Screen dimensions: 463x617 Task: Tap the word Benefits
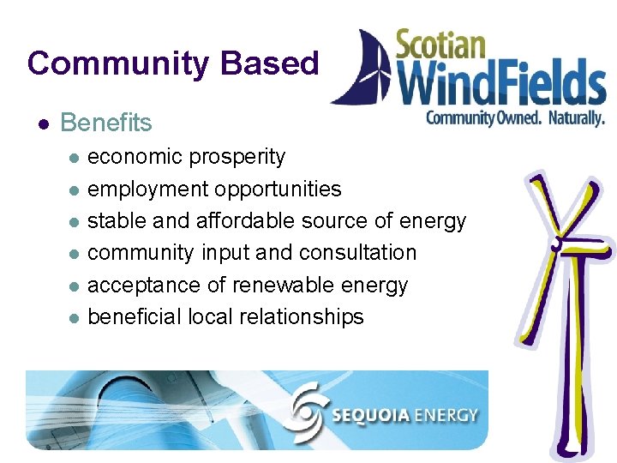(106, 123)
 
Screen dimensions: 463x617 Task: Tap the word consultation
(358, 253)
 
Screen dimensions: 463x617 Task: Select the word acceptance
(141, 285)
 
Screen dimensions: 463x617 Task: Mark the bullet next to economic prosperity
(74, 158)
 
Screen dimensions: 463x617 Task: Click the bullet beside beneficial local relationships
(74, 317)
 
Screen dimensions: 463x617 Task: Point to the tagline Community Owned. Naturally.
(514, 117)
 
